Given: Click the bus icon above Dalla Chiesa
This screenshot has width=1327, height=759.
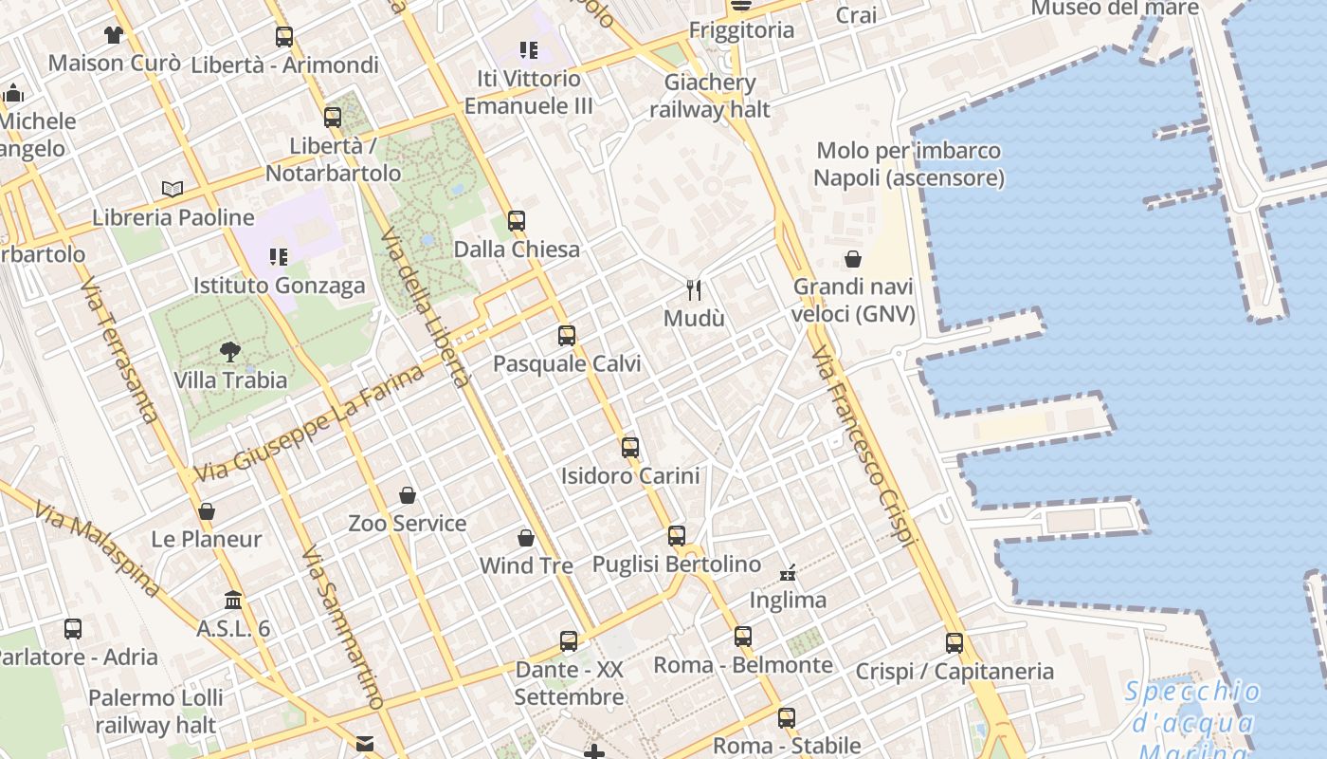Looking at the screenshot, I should tap(517, 221).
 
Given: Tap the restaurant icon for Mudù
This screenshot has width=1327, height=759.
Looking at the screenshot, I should tap(695, 289).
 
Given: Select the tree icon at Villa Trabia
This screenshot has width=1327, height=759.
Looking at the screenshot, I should tap(230, 352).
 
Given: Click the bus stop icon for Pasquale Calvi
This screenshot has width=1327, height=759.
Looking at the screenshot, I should tap(567, 335).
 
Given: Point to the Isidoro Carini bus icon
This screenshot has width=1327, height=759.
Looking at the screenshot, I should tap(630, 447).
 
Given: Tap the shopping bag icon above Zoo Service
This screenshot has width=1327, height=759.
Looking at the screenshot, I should tap(408, 495).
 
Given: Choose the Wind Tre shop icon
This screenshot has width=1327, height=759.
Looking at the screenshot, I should tap(526, 538).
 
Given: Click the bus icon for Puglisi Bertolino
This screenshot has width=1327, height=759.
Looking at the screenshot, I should tap(677, 535).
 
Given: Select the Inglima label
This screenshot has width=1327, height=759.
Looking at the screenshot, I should tap(788, 600).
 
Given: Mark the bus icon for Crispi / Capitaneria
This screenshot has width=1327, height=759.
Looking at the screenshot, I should tap(954, 642).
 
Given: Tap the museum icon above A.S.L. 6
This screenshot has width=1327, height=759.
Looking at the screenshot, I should tap(233, 600).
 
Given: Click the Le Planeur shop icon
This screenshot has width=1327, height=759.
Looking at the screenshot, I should tap(207, 511).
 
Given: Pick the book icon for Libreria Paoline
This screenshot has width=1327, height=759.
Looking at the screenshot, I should tap(173, 190).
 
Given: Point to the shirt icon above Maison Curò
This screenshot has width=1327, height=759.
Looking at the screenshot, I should tap(114, 35).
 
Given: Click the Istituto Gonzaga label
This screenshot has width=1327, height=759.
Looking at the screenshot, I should tap(279, 286).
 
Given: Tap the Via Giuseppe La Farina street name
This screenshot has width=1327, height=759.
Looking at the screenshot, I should tap(310, 423).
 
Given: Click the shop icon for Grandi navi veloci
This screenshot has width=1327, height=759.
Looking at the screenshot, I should tap(853, 259).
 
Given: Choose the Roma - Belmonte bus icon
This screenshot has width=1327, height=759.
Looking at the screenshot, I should tap(743, 636).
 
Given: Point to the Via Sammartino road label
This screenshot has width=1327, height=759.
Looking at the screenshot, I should tap(342, 627).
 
